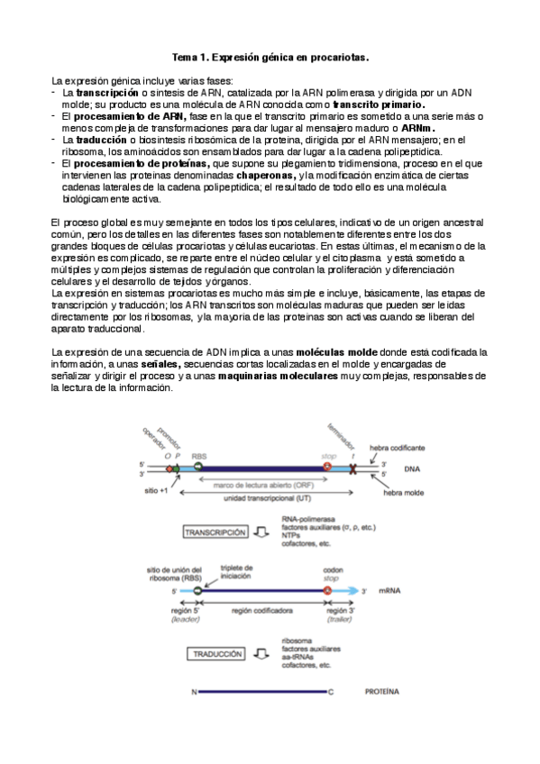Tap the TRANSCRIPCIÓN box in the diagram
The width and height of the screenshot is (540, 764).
tap(215, 532)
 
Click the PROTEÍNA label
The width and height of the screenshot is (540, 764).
tap(382, 693)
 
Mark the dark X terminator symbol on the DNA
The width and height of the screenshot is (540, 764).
tap(352, 469)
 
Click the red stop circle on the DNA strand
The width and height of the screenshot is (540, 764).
tap(328, 468)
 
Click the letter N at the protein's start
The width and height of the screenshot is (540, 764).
tap(194, 693)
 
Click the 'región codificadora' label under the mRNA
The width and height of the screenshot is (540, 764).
tap(261, 610)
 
